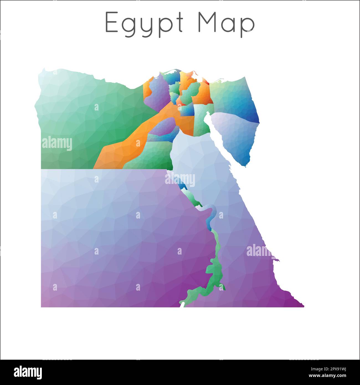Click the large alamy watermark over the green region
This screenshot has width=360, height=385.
pos(57,144)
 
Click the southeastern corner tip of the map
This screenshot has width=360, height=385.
pos(304,306)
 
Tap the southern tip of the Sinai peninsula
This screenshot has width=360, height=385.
pos(245,166)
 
